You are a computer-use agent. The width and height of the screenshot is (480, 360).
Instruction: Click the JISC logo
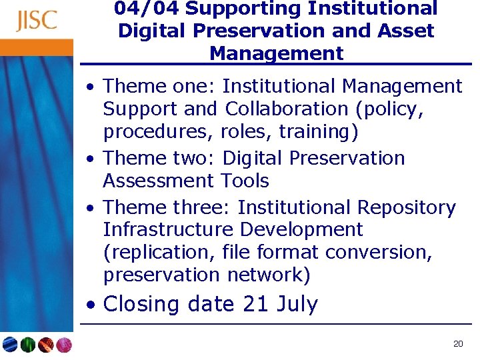point(37,21)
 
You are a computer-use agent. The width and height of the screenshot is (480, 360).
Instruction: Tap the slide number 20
point(457,344)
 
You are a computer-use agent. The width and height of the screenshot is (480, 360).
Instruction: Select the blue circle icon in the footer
point(10,345)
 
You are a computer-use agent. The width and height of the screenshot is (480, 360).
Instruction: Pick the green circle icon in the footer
point(28,345)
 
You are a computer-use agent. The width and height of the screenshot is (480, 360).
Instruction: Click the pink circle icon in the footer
point(63,345)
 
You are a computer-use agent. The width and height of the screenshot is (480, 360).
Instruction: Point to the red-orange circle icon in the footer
point(45,345)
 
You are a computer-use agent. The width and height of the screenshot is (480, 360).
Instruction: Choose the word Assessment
point(157,181)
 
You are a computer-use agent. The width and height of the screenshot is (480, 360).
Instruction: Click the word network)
point(265,275)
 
